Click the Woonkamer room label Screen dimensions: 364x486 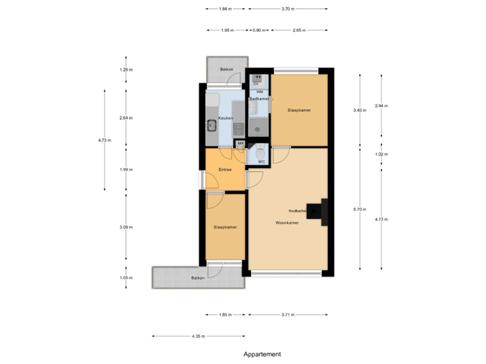[287, 222]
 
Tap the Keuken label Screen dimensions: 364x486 [226, 118]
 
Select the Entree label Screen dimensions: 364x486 [225, 169]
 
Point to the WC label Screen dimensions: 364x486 [261, 162]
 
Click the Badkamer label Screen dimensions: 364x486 [259, 99]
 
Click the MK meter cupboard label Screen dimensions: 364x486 [240, 144]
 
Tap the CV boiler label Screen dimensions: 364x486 [256, 84]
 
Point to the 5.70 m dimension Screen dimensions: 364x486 [360, 210]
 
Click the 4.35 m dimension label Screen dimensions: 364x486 [198, 336]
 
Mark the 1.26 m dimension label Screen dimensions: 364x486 [125, 69]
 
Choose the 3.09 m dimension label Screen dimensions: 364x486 [125, 227]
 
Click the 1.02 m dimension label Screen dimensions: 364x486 [382, 154]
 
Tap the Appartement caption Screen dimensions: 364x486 [263, 353]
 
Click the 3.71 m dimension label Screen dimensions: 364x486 [288, 314]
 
